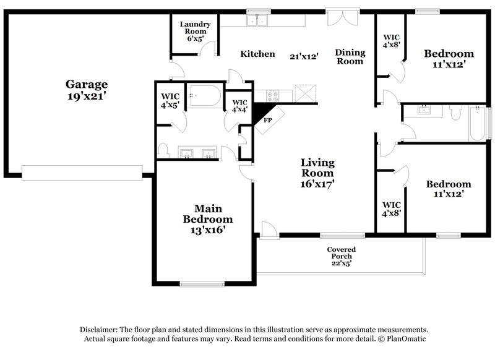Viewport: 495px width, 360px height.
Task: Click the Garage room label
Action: (87, 84)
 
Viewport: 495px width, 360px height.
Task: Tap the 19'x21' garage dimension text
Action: (87, 96)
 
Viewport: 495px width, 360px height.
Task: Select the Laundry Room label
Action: (195, 28)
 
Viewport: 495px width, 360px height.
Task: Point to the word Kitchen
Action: (257, 54)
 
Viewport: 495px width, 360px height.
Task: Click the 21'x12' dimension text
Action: (304, 56)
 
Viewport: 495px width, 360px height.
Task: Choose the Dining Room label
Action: (350, 57)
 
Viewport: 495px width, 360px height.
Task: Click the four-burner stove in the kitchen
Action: (273, 96)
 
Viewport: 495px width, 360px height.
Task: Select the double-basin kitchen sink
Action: (257, 20)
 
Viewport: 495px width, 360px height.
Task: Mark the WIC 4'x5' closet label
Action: (170, 100)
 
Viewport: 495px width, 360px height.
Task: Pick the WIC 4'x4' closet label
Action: (239, 106)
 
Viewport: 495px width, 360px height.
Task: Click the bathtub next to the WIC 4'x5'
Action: (204, 96)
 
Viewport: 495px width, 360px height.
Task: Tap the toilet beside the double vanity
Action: (163, 150)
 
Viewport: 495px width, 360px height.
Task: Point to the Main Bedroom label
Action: (208, 214)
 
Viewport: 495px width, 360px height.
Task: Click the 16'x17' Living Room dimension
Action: (317, 184)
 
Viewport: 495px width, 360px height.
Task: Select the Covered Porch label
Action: (341, 253)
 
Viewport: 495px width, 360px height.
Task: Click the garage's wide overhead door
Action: (82, 172)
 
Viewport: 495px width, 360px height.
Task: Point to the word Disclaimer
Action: (101, 330)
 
